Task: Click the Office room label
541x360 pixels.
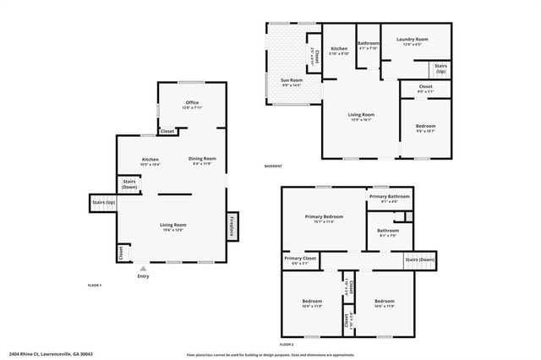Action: (x=192, y=105)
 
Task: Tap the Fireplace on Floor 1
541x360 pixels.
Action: (x=232, y=226)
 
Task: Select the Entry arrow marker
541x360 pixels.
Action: (x=142, y=268)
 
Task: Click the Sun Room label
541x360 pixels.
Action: (x=292, y=82)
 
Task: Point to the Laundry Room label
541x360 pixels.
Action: (x=412, y=41)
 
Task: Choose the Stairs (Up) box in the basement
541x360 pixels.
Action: (x=441, y=68)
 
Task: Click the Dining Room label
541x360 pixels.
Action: (x=202, y=161)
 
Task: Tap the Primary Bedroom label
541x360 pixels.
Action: (x=324, y=218)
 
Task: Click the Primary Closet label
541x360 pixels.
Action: (x=299, y=260)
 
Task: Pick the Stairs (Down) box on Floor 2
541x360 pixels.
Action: (x=419, y=260)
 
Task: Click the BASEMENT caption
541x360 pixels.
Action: (x=273, y=166)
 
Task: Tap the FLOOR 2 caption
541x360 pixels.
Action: (x=286, y=345)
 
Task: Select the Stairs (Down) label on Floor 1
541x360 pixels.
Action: (x=129, y=183)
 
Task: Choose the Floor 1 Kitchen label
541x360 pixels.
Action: (x=150, y=161)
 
